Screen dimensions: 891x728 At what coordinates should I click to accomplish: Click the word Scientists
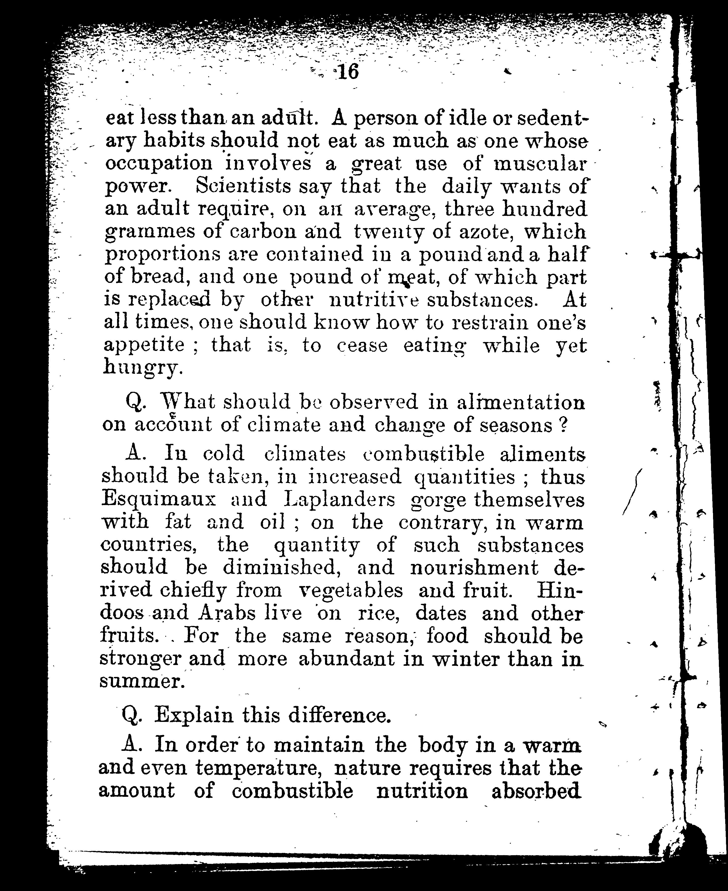[243, 186]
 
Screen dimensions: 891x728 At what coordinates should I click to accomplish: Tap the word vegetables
[351, 590]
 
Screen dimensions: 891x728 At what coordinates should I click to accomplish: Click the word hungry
[143, 368]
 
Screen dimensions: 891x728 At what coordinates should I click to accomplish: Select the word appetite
[144, 346]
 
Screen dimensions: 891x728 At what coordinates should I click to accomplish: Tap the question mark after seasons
[563, 425]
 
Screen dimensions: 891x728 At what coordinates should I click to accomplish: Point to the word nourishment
[474, 568]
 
